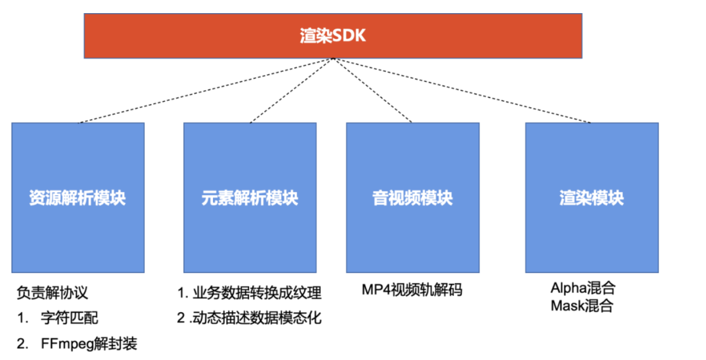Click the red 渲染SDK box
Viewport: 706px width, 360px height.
(x=333, y=36)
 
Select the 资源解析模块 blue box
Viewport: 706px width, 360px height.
(x=78, y=198)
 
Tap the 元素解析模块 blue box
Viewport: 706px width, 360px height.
(x=250, y=198)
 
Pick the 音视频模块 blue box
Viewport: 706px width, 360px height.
(x=412, y=198)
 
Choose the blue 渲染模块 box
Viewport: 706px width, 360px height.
(x=592, y=198)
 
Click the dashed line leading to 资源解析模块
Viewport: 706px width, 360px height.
(x=205, y=91)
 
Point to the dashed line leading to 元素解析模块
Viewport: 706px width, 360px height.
(x=292, y=91)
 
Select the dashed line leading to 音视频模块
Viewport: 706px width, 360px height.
(x=372, y=91)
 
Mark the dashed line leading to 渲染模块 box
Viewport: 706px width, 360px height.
(x=462, y=91)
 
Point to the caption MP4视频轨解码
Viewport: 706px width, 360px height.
(x=412, y=290)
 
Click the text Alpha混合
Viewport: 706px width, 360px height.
(x=582, y=288)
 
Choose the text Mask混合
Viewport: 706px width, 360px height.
(x=581, y=305)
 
